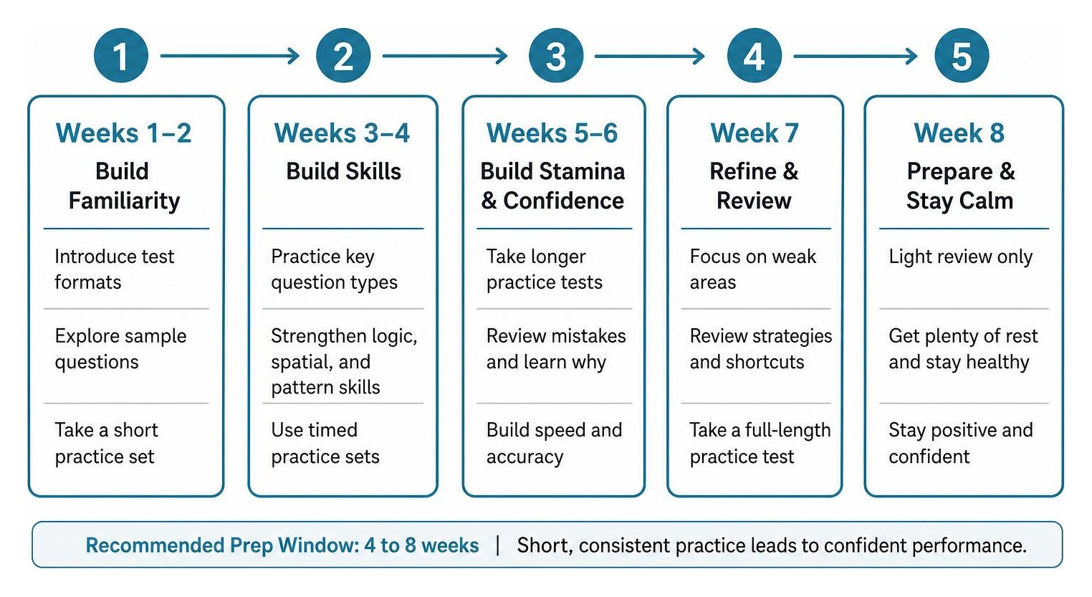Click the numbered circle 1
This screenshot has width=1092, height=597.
click(x=121, y=56)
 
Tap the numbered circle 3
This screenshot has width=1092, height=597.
click(x=556, y=56)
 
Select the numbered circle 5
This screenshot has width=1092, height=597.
click(x=962, y=56)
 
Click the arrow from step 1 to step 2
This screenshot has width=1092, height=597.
click(x=229, y=56)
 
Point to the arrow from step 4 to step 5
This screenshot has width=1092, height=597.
click(x=856, y=56)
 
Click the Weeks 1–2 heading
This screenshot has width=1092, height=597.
click(x=123, y=133)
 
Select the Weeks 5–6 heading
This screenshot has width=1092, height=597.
click(x=552, y=133)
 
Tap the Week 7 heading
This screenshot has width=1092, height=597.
click(x=755, y=133)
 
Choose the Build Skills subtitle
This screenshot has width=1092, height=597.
click(x=343, y=171)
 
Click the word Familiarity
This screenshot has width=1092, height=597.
click(x=124, y=201)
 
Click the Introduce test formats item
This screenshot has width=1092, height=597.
click(x=114, y=269)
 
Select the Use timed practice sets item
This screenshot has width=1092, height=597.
click(x=325, y=444)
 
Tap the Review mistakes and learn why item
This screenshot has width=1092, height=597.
click(x=556, y=349)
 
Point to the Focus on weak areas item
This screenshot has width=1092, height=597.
click(x=752, y=269)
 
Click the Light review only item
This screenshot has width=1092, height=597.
click(x=960, y=257)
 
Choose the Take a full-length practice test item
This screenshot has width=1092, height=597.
click(x=760, y=444)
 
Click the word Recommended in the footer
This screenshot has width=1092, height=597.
click(x=155, y=545)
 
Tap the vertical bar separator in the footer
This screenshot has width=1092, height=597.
click(x=498, y=545)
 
